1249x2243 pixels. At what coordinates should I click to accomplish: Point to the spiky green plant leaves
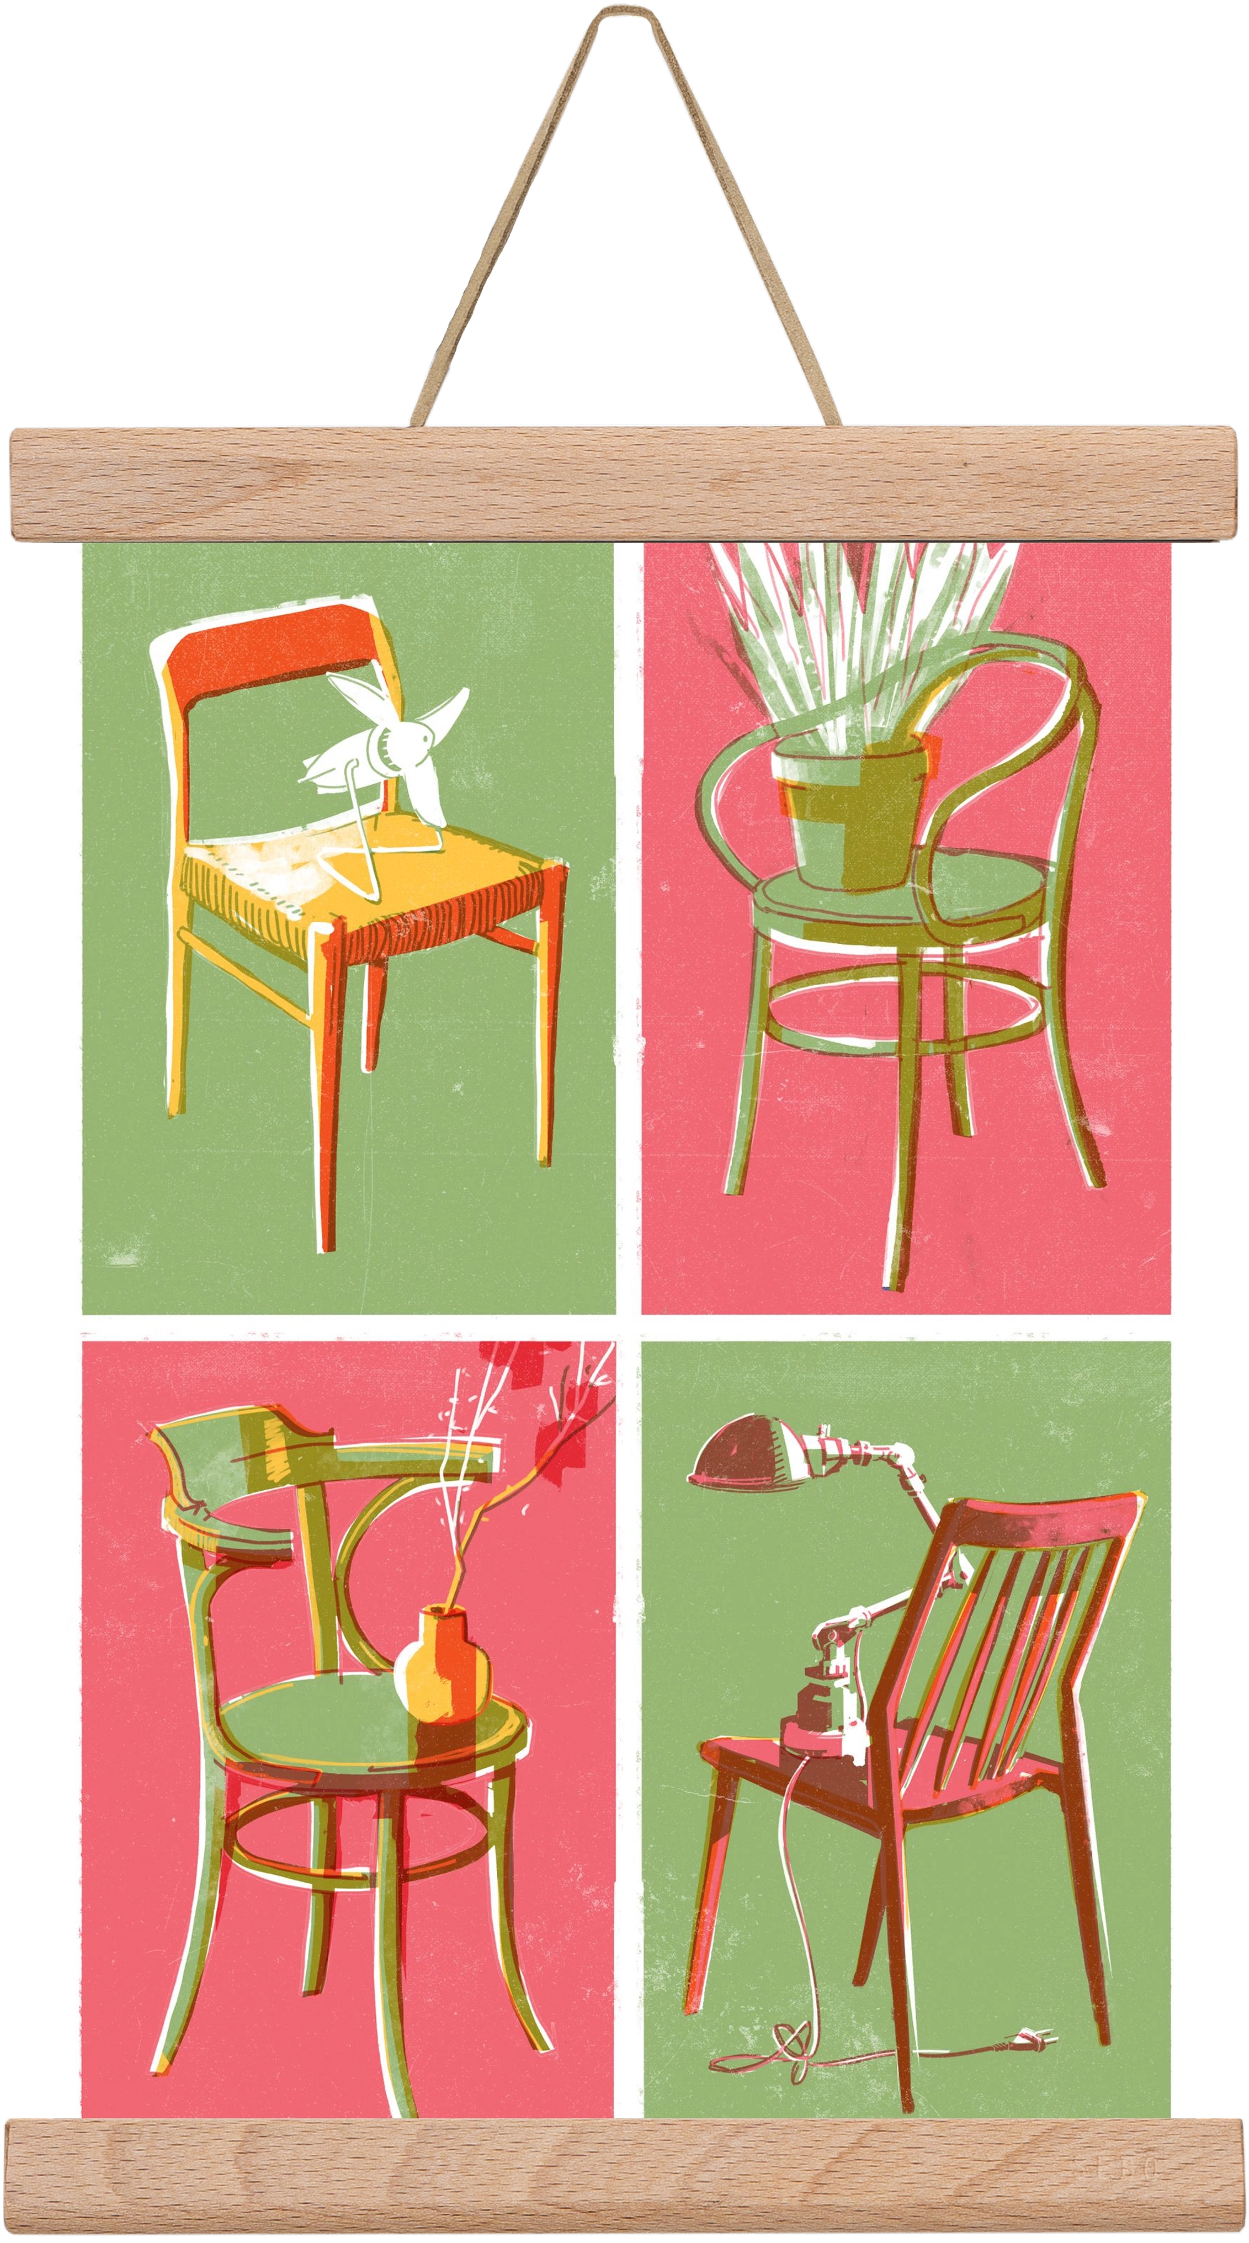pos(854,627)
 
